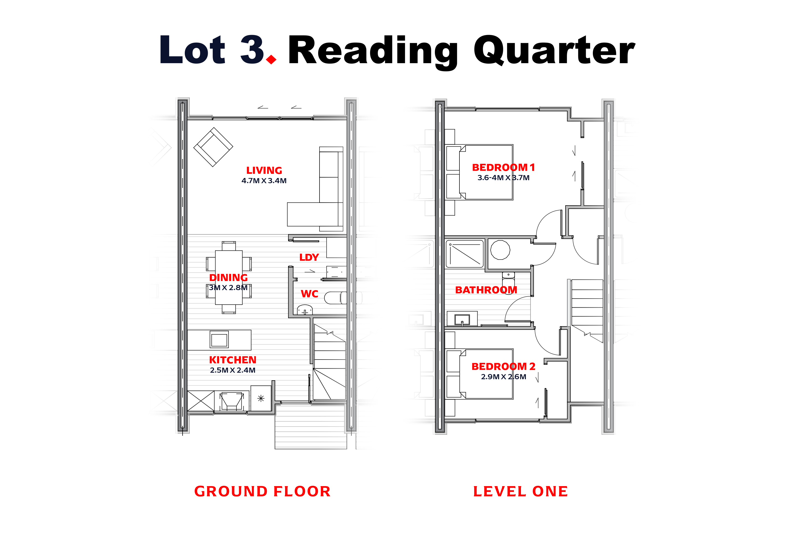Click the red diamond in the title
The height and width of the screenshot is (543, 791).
click(x=271, y=60)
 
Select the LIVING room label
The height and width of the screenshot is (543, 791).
click(x=264, y=170)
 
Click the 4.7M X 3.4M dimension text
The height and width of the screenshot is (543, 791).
click(x=264, y=181)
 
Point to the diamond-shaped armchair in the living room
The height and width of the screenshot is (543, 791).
click(x=213, y=147)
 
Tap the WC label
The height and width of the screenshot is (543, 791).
click(x=309, y=294)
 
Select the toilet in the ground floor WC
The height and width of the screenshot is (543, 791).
click(x=335, y=298)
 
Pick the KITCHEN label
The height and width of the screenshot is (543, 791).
click(x=233, y=360)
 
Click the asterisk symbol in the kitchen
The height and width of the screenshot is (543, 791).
click(x=261, y=398)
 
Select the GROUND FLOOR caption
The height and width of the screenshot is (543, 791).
click(x=262, y=492)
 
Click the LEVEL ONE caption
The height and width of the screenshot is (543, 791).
click(x=521, y=492)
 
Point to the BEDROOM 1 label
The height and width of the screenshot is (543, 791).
click(x=504, y=168)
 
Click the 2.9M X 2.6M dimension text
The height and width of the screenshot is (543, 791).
click(x=504, y=377)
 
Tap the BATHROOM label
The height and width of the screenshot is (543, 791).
click(x=486, y=290)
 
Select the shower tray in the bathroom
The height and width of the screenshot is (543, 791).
click(x=465, y=254)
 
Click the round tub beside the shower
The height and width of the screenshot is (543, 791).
click(x=500, y=250)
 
